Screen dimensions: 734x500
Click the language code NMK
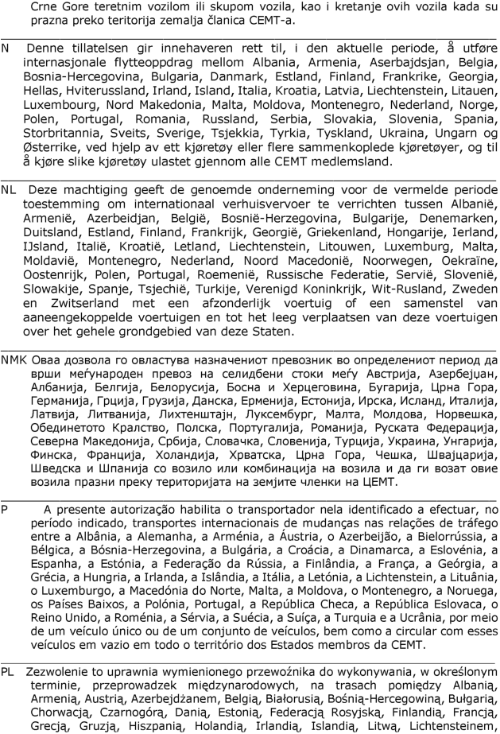14,359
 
